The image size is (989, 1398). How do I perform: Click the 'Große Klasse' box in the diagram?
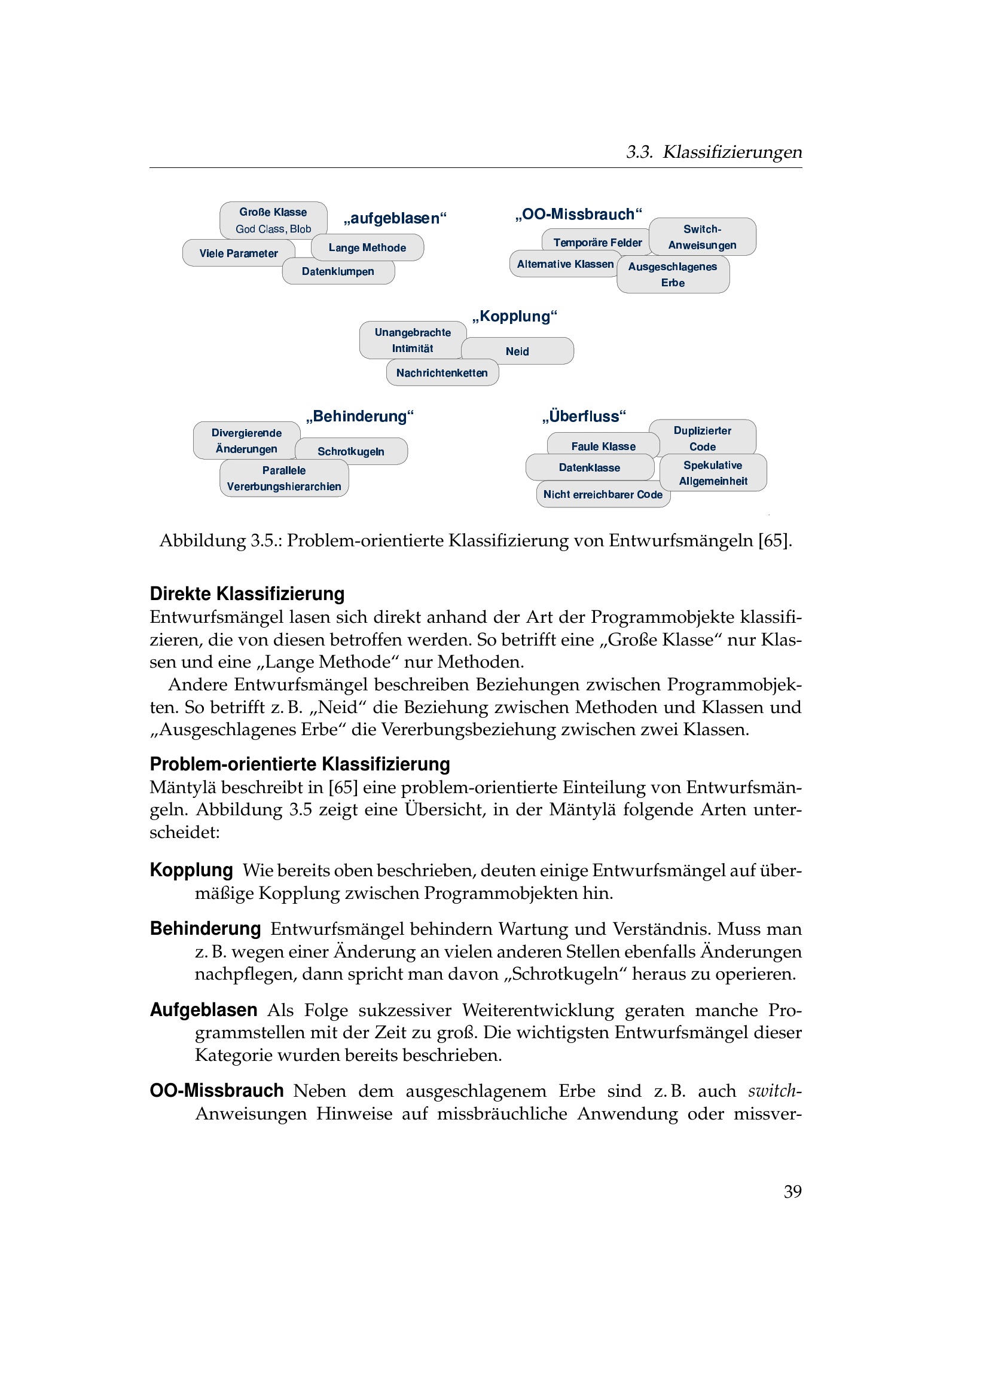273,220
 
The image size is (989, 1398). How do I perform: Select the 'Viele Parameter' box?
238,253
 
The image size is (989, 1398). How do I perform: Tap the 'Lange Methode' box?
367,248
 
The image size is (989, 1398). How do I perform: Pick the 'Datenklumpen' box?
338,271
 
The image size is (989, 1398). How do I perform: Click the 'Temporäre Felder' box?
597,242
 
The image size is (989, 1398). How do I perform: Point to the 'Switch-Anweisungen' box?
702,237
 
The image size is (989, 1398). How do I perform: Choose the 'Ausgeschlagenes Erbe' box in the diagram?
673,274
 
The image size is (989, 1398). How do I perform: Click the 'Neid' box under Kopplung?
517,351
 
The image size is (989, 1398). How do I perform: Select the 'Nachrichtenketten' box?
442,372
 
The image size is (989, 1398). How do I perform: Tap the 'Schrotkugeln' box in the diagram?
351,451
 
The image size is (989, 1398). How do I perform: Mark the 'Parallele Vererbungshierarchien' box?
284,478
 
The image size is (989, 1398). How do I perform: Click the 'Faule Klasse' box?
603,446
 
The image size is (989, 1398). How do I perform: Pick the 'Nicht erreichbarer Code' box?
603,494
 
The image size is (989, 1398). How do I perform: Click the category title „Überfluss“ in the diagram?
584,416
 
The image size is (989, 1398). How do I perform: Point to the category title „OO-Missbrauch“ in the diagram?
578,215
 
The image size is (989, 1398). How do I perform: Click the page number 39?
792,1192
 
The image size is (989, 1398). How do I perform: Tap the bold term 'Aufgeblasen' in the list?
203,1010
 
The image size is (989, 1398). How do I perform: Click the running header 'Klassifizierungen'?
732,152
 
